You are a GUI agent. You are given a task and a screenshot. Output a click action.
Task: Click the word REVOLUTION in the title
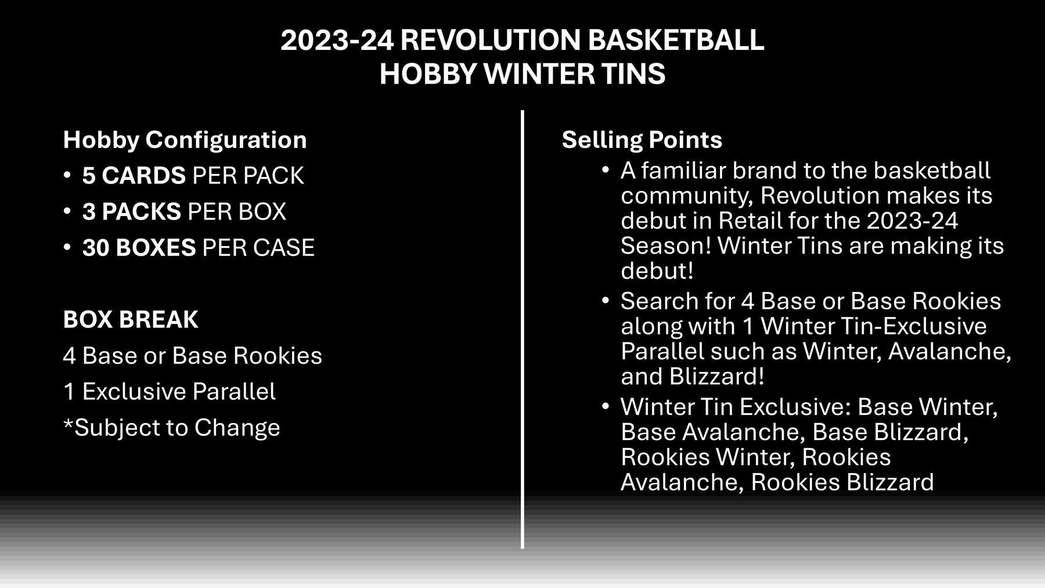coord(491,40)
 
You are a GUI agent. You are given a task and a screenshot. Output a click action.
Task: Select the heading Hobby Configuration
coord(185,140)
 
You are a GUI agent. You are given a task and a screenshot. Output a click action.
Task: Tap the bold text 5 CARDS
coord(134,176)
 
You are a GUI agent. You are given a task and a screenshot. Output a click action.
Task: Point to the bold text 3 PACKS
coord(131,212)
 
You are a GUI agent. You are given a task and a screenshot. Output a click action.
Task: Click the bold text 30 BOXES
coord(139,248)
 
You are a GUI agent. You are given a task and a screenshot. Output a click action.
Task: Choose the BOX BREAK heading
coord(131,320)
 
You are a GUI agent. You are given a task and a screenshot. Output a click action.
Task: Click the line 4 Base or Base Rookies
coord(192,356)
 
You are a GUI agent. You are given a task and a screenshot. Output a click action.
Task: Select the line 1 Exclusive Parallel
coord(170,392)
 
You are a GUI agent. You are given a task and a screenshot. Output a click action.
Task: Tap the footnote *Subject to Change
coord(171,428)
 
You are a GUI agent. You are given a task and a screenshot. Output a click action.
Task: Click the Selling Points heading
coord(642,140)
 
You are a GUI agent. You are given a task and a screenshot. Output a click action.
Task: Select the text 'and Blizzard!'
coord(692,377)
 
